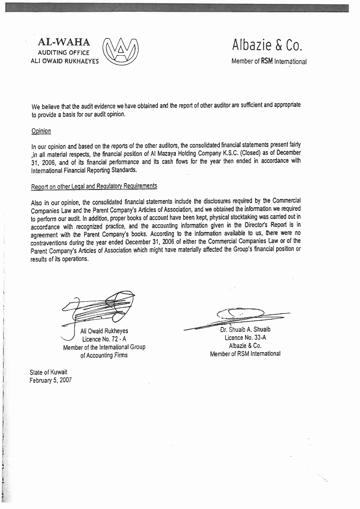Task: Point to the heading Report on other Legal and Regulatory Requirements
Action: pyautogui.click(x=94, y=186)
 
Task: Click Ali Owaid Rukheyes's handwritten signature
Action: pyautogui.click(x=100, y=307)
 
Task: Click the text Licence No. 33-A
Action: pyautogui.click(x=245, y=338)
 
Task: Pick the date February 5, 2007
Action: pyautogui.click(x=51, y=380)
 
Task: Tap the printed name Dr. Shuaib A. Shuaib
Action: pyautogui.click(x=245, y=329)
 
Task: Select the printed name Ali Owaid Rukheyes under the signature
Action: pyautogui.click(x=104, y=331)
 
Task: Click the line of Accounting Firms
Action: pyautogui.click(x=104, y=355)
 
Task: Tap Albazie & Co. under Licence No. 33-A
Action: pyautogui.click(x=245, y=346)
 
